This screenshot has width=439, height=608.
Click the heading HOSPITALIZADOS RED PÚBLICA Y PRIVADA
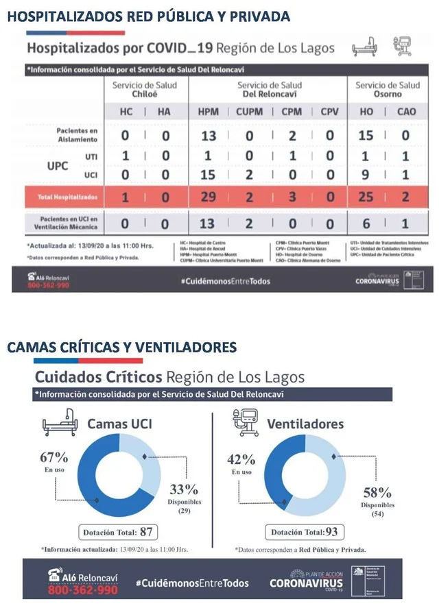pos(149,16)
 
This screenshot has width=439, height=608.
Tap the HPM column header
pos(208,112)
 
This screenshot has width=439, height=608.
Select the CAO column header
pos(405,112)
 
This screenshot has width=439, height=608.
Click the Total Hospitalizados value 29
pos(208,197)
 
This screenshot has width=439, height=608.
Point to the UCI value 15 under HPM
pos(208,175)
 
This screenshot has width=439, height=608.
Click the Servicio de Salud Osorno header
pos(388,89)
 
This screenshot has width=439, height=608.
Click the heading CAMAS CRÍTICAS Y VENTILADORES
pos(122,348)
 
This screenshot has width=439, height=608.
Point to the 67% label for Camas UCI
pos(54,457)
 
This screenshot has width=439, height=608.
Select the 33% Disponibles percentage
pos(184,489)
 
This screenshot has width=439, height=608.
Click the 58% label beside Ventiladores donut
pos(377,492)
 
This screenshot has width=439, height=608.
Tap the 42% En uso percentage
pos(241,459)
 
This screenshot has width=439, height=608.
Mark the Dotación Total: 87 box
pos(117,531)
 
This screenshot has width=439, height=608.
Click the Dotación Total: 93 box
pos(302,532)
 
